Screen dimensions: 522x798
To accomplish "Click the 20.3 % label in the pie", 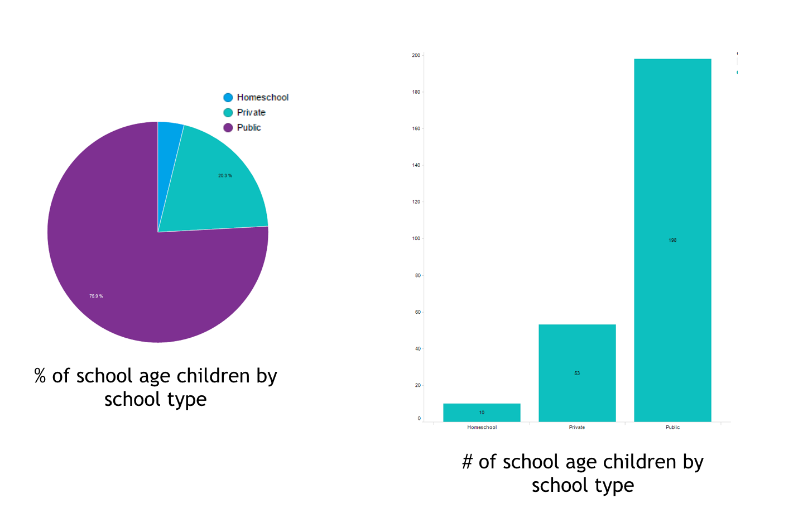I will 225,176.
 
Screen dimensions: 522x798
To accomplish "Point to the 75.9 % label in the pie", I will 96,296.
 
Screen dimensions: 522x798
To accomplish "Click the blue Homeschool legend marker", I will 228,98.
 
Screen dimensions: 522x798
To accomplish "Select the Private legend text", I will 251,113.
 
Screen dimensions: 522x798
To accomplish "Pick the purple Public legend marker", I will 228,128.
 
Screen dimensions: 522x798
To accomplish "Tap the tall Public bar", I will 672,167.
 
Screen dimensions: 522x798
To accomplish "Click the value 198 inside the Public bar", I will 672,240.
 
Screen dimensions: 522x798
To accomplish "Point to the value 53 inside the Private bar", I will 577,373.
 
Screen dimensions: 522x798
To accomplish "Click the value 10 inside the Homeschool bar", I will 482,413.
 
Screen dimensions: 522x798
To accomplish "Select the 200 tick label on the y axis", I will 416,55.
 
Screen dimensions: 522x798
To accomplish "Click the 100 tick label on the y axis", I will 416,238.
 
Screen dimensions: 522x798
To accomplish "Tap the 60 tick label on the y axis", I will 417,312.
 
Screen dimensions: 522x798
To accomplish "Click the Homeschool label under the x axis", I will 482,427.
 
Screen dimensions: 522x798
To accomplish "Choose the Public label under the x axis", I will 672,427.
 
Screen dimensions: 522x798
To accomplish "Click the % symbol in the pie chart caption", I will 40,376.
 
